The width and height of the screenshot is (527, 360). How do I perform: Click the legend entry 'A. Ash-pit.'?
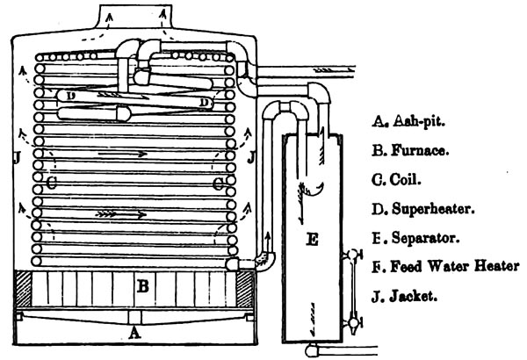click(408, 120)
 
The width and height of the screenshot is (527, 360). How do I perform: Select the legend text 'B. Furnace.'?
click(410, 150)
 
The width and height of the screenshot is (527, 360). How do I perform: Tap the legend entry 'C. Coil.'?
click(397, 180)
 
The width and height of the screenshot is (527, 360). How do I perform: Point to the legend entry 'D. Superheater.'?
click(423, 209)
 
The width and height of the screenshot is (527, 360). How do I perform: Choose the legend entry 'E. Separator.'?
click(415, 238)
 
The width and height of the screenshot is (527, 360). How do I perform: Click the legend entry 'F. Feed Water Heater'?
click(446, 267)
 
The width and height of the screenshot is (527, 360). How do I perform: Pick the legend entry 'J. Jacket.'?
click(405, 297)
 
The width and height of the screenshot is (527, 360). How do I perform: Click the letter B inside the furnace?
click(143, 287)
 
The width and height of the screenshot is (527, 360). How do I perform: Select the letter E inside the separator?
click(312, 240)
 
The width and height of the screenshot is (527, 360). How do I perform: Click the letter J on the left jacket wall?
click(18, 157)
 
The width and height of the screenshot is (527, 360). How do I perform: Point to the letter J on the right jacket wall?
click(250, 157)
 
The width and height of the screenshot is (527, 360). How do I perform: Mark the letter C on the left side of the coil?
click(52, 183)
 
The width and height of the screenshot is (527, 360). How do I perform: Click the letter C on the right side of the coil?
click(219, 184)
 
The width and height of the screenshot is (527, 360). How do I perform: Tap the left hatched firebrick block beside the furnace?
click(24, 289)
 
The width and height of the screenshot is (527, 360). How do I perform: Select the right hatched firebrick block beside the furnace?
click(244, 289)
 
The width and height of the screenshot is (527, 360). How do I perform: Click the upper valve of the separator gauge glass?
click(352, 255)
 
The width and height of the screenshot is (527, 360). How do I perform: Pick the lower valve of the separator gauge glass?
click(352, 323)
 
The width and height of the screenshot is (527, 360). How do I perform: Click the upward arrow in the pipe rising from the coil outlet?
click(268, 240)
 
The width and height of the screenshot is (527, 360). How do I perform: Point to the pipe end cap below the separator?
click(311, 351)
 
